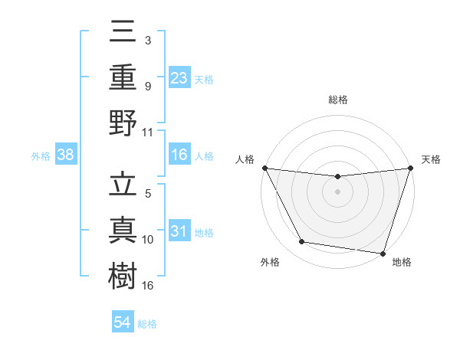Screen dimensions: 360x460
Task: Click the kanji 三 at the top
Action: coord(123,33)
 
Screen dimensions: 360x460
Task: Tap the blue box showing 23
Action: coord(179,77)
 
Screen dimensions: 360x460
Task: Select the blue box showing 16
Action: coord(179,155)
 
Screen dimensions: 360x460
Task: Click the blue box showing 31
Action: coord(179,231)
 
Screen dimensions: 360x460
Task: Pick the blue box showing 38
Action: coord(66,155)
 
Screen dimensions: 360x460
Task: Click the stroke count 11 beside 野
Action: coord(148,132)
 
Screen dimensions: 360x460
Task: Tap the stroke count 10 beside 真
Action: coord(148,239)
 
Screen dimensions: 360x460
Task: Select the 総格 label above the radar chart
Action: coord(338,100)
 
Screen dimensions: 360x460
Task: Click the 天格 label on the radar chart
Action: coord(431,159)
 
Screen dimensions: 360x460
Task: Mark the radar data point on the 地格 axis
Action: coord(383,253)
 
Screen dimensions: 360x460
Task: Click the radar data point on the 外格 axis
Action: coord(302,242)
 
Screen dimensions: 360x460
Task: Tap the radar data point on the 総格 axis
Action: coord(338,177)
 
